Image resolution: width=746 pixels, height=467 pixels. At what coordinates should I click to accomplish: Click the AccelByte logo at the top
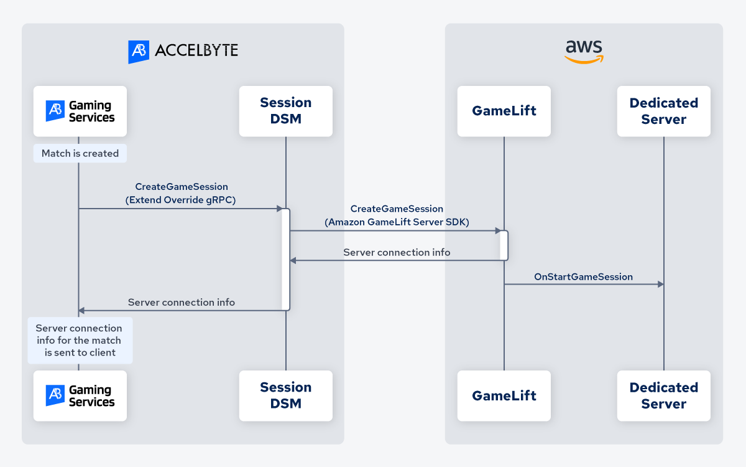[x=183, y=51]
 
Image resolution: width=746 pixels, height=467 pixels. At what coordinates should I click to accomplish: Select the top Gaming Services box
[x=80, y=111]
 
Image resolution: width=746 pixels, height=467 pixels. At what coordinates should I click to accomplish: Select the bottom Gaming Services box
[x=80, y=396]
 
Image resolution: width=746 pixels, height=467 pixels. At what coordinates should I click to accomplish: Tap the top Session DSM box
[x=286, y=111]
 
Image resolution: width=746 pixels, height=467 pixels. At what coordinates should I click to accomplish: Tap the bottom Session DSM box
[x=286, y=396]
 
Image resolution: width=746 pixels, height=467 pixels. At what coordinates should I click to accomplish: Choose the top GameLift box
[x=504, y=111]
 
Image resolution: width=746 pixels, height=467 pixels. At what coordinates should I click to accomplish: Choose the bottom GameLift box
[x=504, y=396]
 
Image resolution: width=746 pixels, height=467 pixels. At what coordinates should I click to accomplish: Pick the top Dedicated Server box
[x=664, y=111]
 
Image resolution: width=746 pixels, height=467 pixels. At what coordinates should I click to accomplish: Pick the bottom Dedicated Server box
[x=664, y=396]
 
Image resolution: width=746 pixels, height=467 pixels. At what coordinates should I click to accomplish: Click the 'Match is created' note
[x=80, y=153]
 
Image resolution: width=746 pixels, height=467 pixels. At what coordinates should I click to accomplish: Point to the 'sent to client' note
[x=80, y=341]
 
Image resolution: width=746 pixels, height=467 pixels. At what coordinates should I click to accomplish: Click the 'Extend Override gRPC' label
[x=182, y=200]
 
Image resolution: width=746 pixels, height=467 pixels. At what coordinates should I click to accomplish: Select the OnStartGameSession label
[x=583, y=276]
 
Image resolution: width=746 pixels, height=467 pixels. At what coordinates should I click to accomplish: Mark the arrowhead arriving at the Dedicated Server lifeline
[x=660, y=285]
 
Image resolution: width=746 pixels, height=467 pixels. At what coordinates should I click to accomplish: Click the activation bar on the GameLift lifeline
[x=504, y=245]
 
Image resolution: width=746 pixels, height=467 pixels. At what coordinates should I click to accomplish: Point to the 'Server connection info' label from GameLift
[x=397, y=253]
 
